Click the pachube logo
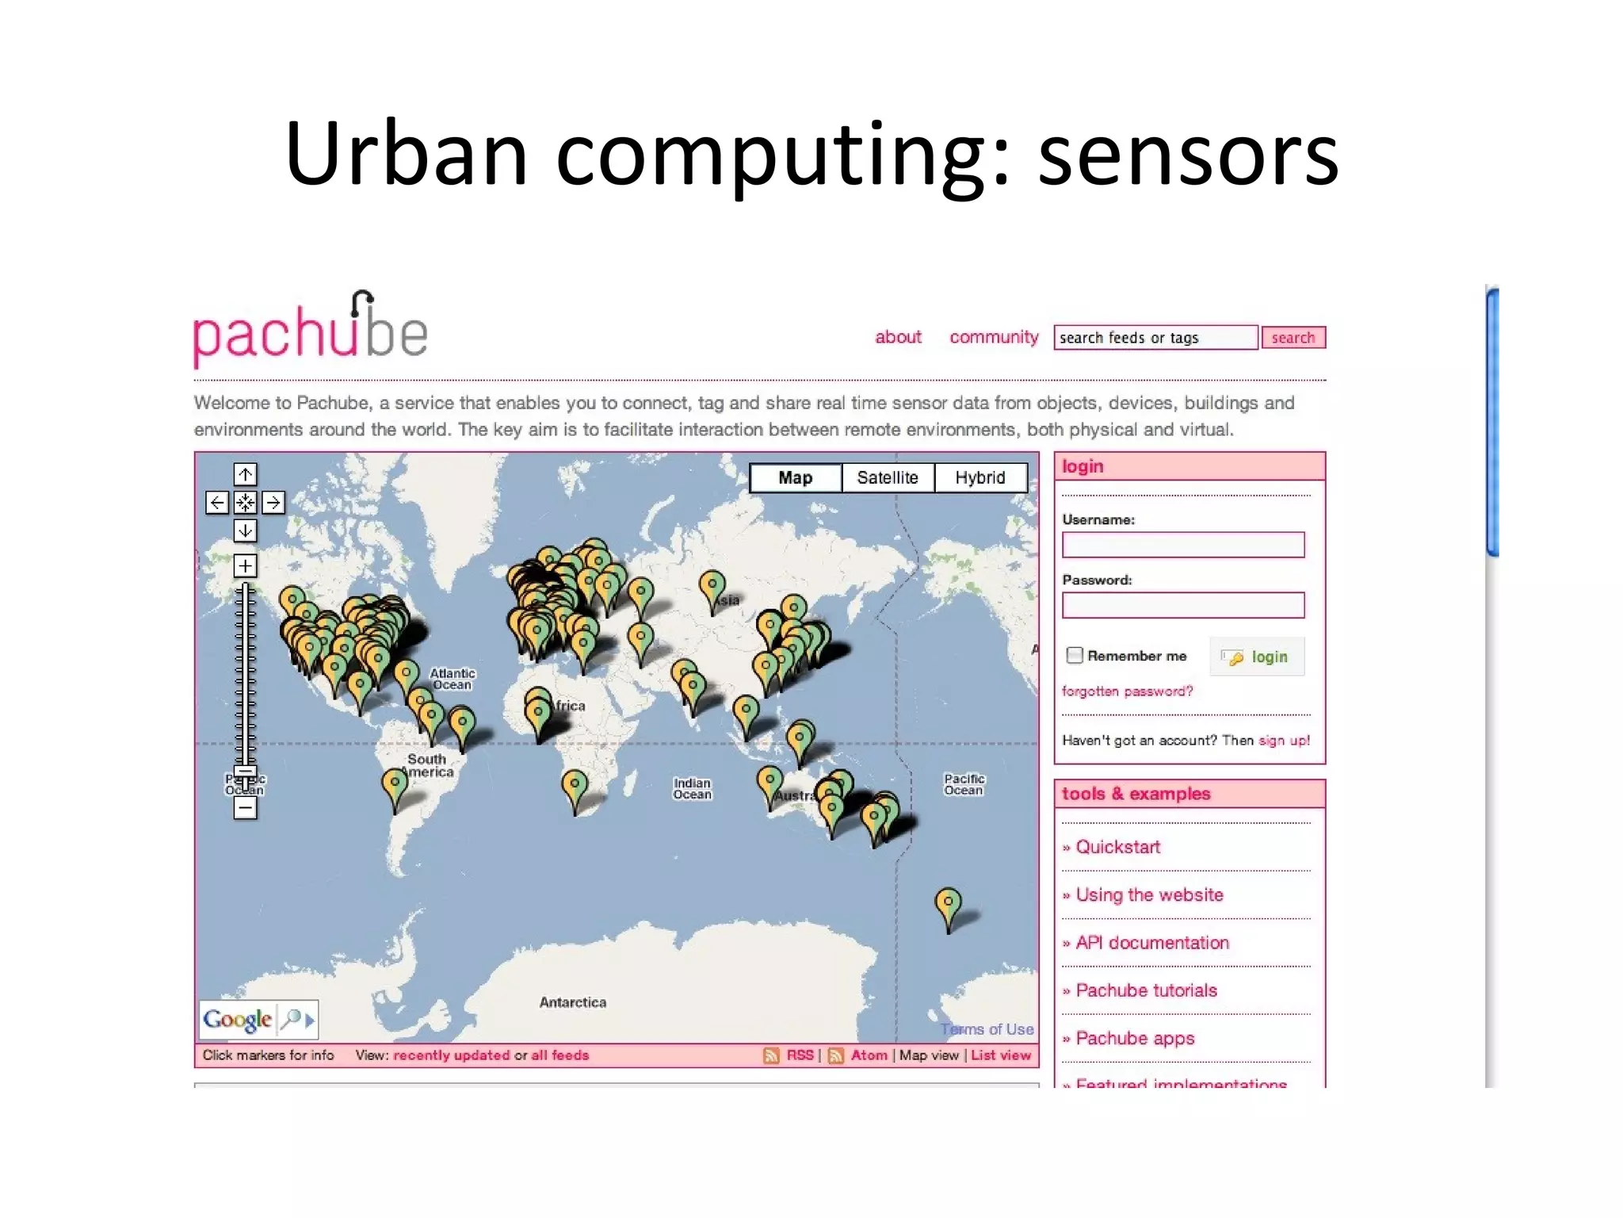[x=311, y=331]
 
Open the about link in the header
[x=898, y=337]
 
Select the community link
[x=994, y=337]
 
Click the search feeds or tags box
[x=1155, y=338]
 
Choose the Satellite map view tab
[x=888, y=477]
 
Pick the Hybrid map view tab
[x=980, y=477]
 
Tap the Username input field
[x=1182, y=545]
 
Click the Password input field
[x=1182, y=605]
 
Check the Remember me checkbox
[x=1075, y=655]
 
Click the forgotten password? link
[x=1127, y=691]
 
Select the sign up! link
[x=1284, y=741]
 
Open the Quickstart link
[x=1117, y=847]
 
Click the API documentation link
[x=1151, y=943]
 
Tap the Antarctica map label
[x=573, y=1002]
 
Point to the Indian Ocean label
[x=692, y=788]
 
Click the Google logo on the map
[x=237, y=1019]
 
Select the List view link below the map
[x=1000, y=1055]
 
